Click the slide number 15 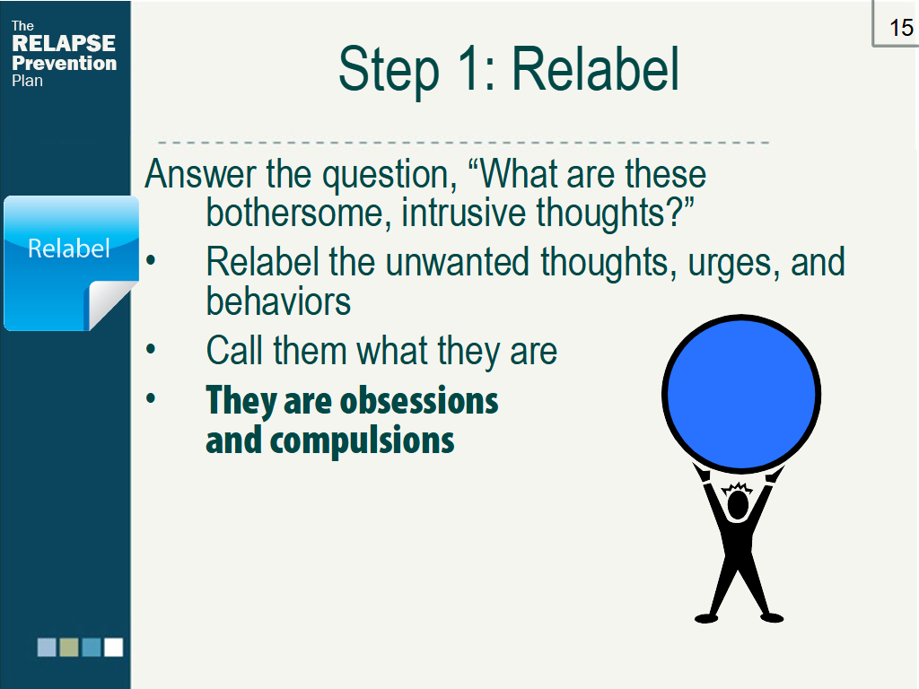[900, 27]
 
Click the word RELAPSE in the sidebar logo [64, 44]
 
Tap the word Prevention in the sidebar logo [64, 63]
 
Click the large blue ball [741, 393]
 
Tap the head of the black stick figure [738, 504]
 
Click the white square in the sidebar [113, 647]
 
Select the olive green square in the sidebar [69, 647]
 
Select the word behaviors [278, 301]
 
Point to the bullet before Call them [151, 350]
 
